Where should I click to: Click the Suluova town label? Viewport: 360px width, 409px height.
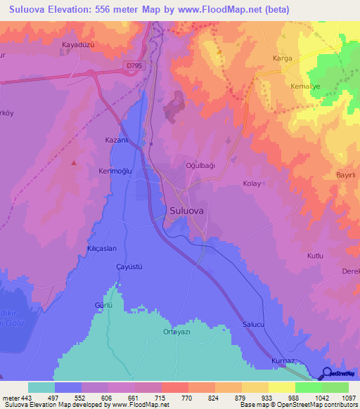click(x=188, y=209)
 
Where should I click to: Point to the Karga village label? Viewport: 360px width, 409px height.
click(x=282, y=58)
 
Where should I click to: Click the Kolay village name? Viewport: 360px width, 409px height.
click(x=252, y=183)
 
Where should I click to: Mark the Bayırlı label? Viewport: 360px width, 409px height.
click(x=347, y=174)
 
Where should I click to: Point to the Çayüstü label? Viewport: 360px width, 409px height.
click(x=110, y=268)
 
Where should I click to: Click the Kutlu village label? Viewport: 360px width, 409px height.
click(x=315, y=255)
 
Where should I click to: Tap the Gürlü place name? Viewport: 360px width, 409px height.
click(x=104, y=306)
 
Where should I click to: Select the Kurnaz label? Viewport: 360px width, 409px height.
click(x=282, y=361)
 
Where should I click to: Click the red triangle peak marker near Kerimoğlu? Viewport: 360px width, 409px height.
click(x=74, y=162)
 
